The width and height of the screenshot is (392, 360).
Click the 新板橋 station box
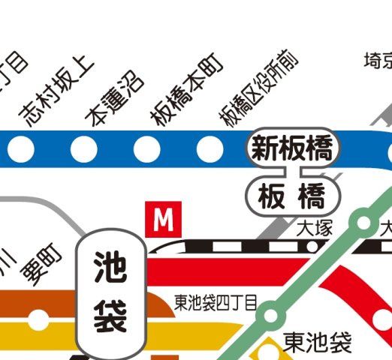[x=293, y=147]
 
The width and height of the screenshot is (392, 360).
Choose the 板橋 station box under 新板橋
[x=292, y=196]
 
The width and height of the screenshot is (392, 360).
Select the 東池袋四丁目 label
[x=215, y=302]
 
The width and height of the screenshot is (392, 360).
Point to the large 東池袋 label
[x=318, y=342]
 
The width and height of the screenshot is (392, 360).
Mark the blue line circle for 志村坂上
[x=21, y=148]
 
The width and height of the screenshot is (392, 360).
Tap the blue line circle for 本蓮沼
[x=84, y=148]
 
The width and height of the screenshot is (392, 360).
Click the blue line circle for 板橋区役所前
[x=210, y=148]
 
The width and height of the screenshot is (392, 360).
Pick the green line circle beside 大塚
[x=363, y=222]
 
